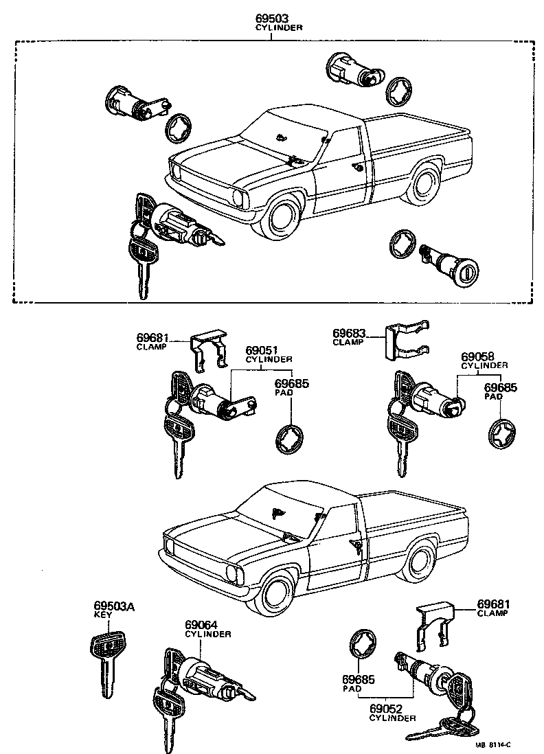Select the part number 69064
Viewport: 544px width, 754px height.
click(x=201, y=626)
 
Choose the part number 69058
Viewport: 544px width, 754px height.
click(x=477, y=356)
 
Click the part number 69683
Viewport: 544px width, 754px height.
click(x=349, y=334)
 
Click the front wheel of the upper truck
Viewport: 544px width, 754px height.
click(x=284, y=216)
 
